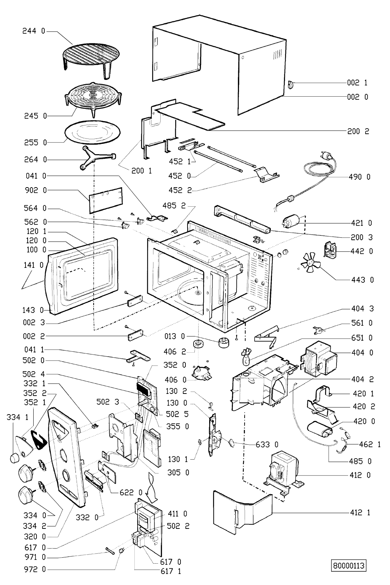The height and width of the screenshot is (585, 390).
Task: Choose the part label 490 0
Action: coord(359,177)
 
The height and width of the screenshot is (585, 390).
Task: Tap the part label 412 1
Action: coord(359,513)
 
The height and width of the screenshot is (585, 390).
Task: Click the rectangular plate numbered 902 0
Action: coord(105,200)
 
